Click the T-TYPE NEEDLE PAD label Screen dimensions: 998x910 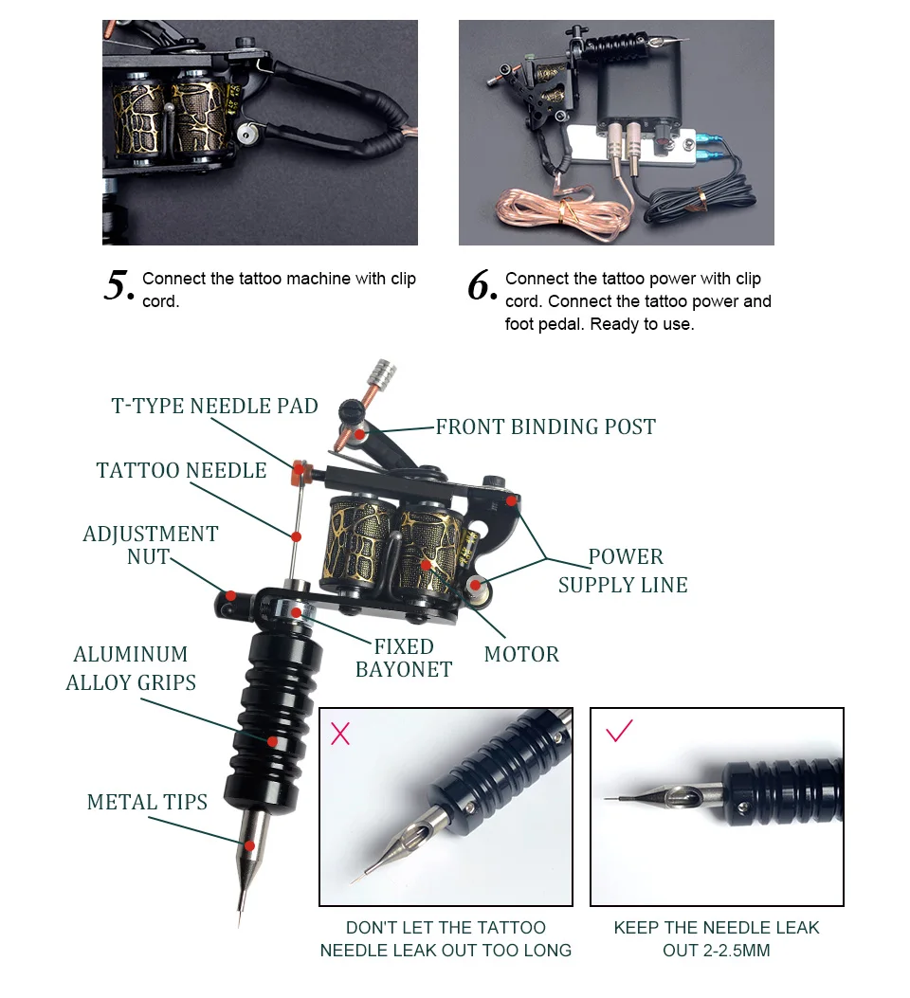point(214,407)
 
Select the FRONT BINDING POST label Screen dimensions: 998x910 point(545,427)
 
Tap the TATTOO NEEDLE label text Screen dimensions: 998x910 point(181,471)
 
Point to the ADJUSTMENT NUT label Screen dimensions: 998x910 point(150,545)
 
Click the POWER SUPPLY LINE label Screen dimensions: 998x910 point(623,571)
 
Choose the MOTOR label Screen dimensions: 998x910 point(521,654)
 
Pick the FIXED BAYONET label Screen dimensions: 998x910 point(403,658)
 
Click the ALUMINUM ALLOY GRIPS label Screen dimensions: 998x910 point(131,668)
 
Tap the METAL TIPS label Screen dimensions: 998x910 point(147,803)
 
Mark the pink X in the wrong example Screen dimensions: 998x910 point(340,733)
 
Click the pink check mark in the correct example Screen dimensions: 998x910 point(619,731)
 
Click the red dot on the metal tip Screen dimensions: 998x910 point(249,845)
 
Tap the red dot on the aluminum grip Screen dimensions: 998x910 point(273,742)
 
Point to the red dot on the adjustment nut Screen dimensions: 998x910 point(229,596)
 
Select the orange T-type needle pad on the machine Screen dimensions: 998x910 point(301,468)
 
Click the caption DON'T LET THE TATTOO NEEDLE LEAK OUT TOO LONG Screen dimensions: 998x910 point(446,938)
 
